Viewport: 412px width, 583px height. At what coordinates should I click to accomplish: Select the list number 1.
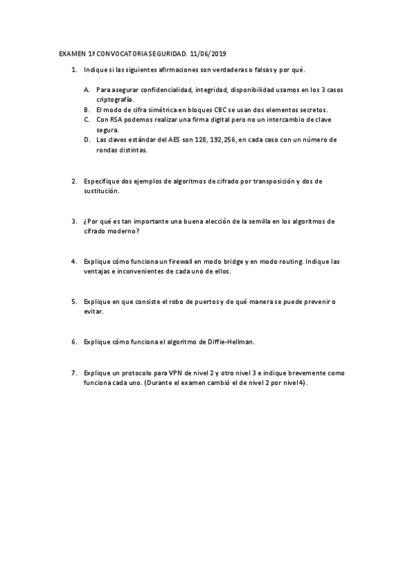coord(74,70)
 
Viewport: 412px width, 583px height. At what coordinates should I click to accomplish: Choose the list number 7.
coord(74,373)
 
